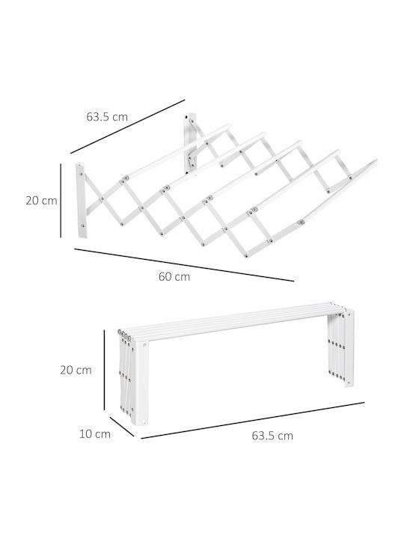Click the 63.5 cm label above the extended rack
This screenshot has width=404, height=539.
(107, 117)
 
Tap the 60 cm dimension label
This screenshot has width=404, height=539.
(174, 276)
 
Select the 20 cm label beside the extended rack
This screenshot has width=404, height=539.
(42, 201)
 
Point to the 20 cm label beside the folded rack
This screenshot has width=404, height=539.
(76, 371)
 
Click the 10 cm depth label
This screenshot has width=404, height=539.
(95, 433)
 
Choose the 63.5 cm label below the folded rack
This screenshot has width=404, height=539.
(272, 436)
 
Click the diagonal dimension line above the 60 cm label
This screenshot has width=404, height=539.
(184, 265)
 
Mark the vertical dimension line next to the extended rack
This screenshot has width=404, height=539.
(61, 201)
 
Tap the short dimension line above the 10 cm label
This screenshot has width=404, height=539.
(122, 427)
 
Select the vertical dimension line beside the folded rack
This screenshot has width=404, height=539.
(105, 370)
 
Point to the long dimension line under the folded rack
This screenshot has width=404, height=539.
(253, 420)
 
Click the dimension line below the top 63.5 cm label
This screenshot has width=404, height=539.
(128, 127)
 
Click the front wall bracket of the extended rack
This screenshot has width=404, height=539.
(81, 201)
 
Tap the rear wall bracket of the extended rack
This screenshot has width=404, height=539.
(190, 143)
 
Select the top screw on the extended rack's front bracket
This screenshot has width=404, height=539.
(81, 174)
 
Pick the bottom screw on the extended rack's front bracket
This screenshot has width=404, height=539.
(82, 226)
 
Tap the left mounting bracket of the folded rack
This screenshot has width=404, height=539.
(140, 383)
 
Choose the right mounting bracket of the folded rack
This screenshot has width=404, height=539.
(349, 348)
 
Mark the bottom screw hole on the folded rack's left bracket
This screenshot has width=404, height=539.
(146, 421)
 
